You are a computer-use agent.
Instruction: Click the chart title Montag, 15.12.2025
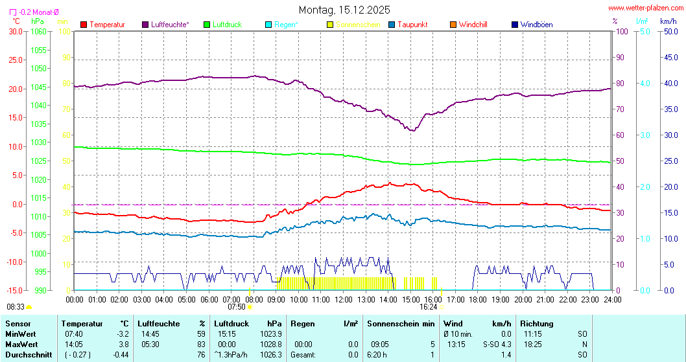tap(344, 10)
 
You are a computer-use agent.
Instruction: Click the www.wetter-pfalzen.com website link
tap(645, 8)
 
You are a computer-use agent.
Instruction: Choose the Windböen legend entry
tap(536, 25)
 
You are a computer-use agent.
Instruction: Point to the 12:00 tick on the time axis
tap(343, 300)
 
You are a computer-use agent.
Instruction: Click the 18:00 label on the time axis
tap(478, 300)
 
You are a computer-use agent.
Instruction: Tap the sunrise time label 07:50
tap(237, 307)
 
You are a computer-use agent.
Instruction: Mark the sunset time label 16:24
tap(429, 307)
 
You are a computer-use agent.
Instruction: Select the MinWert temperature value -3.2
tap(123, 334)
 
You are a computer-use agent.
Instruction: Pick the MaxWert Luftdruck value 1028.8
tap(272, 344)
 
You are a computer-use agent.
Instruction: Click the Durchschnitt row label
tap(27, 354)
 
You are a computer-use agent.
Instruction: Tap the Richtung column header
tap(537, 323)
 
